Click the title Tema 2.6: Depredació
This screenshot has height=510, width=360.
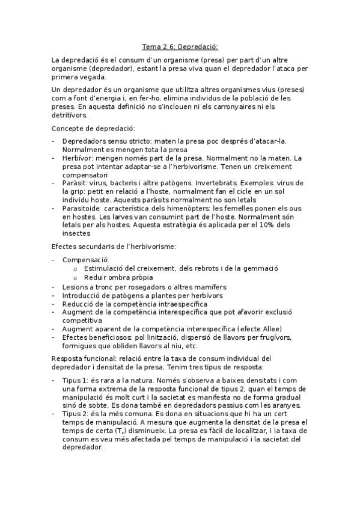tap(180, 46)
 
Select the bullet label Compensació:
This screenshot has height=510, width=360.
tap(85, 259)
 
